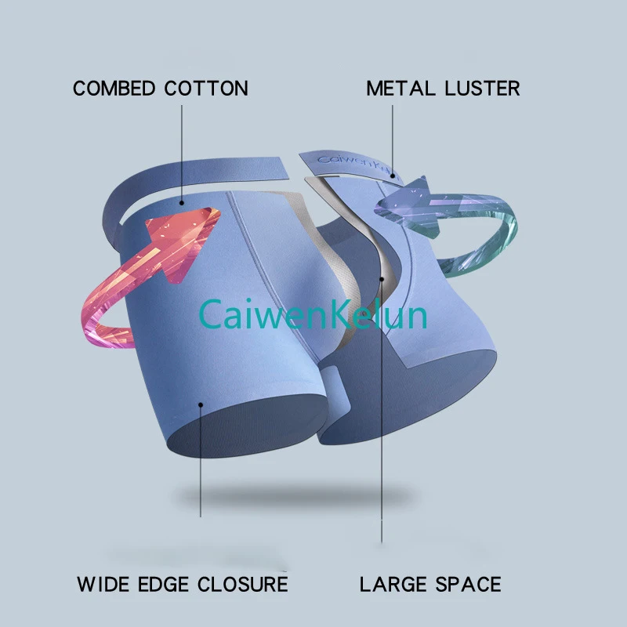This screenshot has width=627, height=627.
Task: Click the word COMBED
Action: [x=115, y=89]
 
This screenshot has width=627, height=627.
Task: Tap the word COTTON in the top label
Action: [x=206, y=89]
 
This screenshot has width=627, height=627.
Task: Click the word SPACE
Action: [x=466, y=584]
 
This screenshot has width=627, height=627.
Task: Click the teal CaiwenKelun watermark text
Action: [x=313, y=315]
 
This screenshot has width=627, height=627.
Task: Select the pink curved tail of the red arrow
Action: [x=98, y=321]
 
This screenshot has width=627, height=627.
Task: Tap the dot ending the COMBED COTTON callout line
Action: [x=182, y=202]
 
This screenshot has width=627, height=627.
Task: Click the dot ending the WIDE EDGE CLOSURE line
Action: [x=201, y=405]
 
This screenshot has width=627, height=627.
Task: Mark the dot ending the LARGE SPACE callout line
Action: [x=382, y=278]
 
